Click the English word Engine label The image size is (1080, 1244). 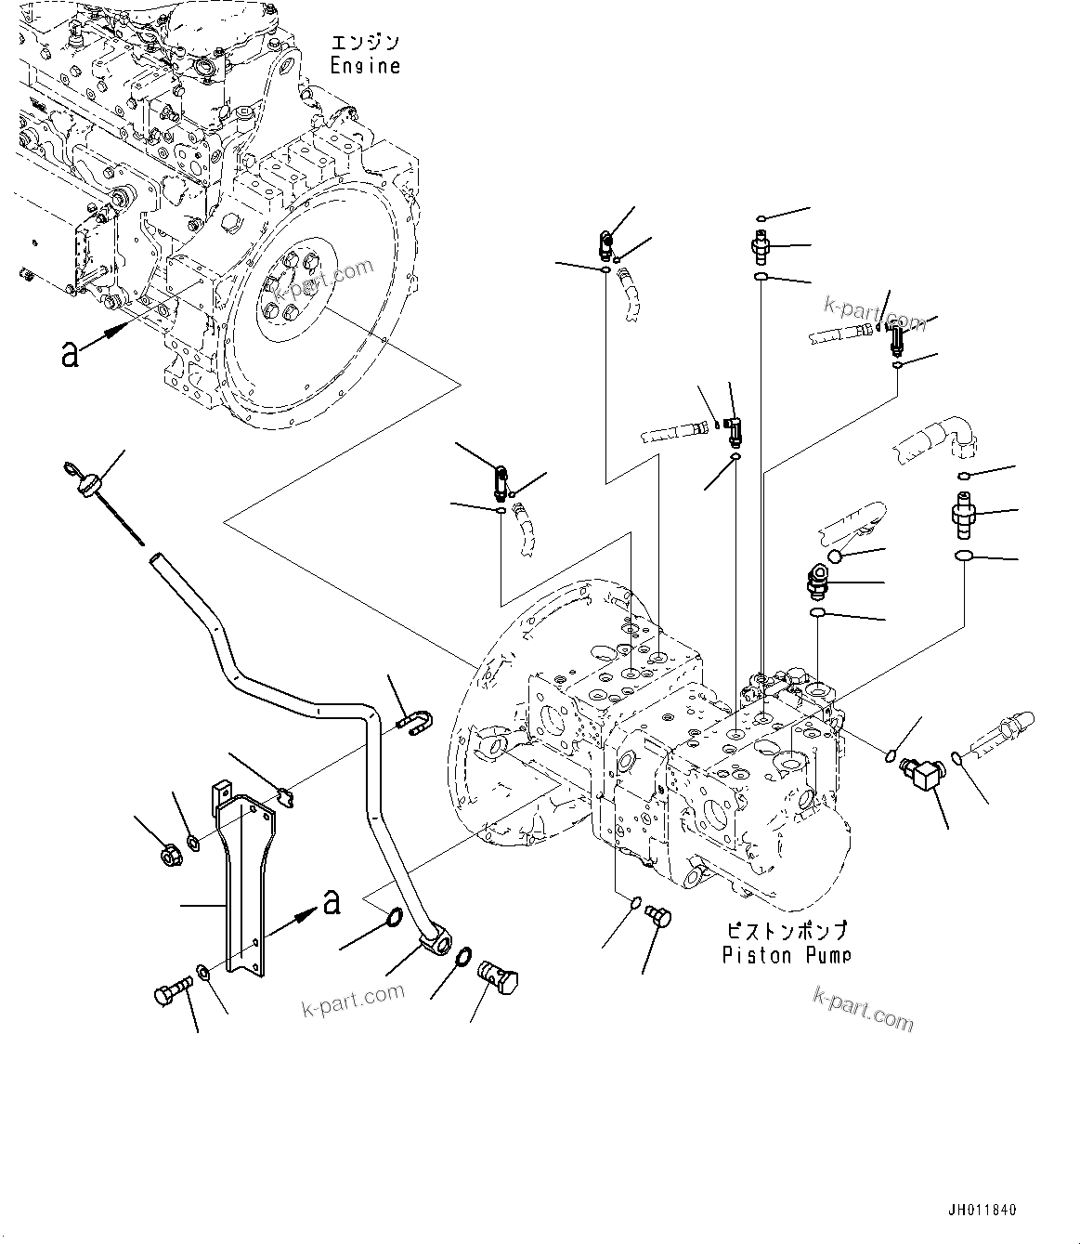point(366,66)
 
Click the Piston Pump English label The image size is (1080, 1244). point(786,954)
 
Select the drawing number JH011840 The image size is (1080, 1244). point(982,1211)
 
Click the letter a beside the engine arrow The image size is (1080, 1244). point(70,352)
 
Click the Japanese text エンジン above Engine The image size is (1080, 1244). point(365,42)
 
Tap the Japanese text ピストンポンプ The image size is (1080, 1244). point(786,930)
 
